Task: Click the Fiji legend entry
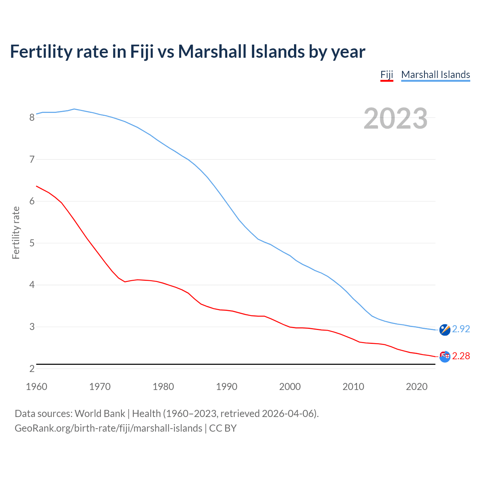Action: tap(387, 75)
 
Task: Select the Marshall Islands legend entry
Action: tap(435, 75)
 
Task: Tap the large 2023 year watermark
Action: tap(396, 118)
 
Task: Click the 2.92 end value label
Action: tap(461, 329)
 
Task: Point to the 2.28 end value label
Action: tap(461, 356)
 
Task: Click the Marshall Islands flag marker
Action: tap(445, 330)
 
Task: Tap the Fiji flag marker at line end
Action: tap(445, 357)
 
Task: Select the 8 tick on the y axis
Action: tap(32, 118)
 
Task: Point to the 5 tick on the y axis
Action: tap(32, 243)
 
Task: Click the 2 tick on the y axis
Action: tap(32, 369)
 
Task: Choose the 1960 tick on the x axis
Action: tap(36, 387)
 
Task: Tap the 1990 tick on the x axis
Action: tap(226, 387)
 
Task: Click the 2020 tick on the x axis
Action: tap(417, 387)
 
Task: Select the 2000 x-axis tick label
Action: tap(290, 387)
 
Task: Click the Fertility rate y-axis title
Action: tap(16, 232)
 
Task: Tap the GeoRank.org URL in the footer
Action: tap(108, 428)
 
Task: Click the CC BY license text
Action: tap(223, 428)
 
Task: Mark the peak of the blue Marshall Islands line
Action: tap(74, 109)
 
